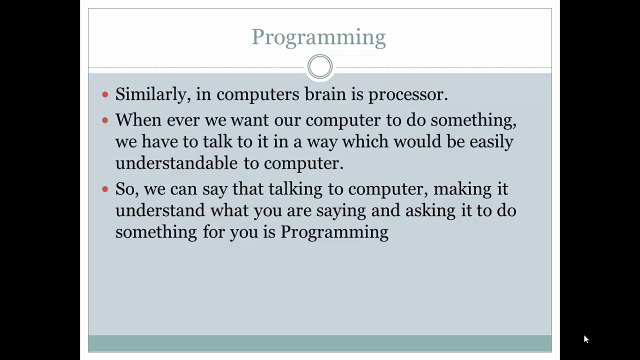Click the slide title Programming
[x=318, y=37]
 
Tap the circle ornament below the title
[x=319, y=68]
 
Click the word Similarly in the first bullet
[x=153, y=95]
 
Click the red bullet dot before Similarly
[x=105, y=96]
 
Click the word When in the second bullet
[x=139, y=120]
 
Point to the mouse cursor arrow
[x=586, y=339]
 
